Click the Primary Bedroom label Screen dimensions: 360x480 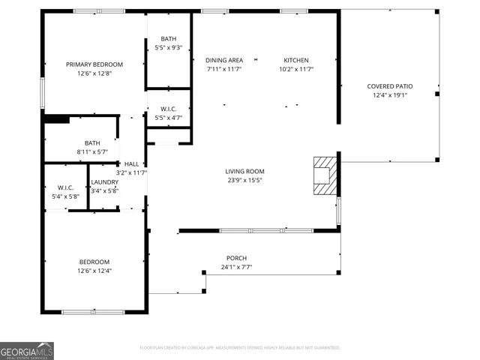coord(94,64)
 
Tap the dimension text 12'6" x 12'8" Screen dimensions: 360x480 coord(94,73)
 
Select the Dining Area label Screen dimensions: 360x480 coord(224,60)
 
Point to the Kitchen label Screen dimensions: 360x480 coord(295,60)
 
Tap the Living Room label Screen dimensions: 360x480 coord(244,171)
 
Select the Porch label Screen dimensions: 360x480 coord(236,258)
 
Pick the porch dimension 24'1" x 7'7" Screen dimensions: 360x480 coord(236,267)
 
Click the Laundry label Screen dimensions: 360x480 coord(104,182)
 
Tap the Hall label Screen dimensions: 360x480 coord(131,163)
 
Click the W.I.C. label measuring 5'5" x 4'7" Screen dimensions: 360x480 coord(168,108)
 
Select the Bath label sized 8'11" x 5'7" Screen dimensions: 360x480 coord(92,142)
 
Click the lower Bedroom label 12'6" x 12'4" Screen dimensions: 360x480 coord(94,262)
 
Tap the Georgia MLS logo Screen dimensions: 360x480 coord(27,350)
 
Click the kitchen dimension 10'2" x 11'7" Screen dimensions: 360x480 coord(295,69)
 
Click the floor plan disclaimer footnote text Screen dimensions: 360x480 coord(240,347)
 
